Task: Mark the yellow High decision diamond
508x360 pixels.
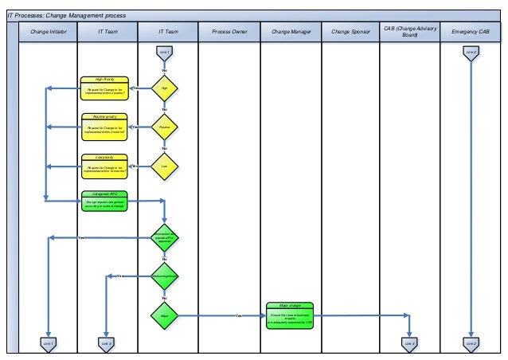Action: coord(165,88)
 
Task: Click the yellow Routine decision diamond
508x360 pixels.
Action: coord(165,126)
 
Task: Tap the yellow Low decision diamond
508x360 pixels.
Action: coord(165,166)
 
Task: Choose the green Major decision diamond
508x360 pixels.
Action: coord(165,315)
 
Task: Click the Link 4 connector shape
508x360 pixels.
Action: coord(409,343)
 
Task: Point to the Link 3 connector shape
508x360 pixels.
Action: coord(105,343)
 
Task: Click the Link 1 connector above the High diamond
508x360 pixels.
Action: coord(165,52)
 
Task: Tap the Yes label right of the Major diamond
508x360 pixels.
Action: coord(238,316)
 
